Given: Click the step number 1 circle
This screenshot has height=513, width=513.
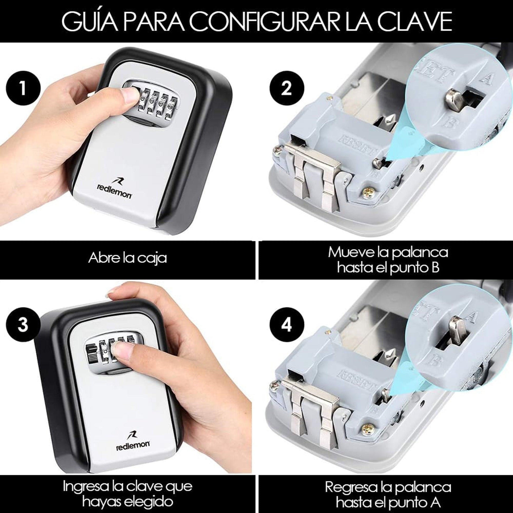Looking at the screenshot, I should [23, 88].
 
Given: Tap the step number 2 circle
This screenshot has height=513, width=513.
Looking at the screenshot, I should [286, 88].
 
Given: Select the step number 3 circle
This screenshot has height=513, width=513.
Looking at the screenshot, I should [23, 325].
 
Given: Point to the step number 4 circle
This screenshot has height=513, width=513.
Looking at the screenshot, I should [286, 325].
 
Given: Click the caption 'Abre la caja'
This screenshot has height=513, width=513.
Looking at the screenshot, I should [127, 258].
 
